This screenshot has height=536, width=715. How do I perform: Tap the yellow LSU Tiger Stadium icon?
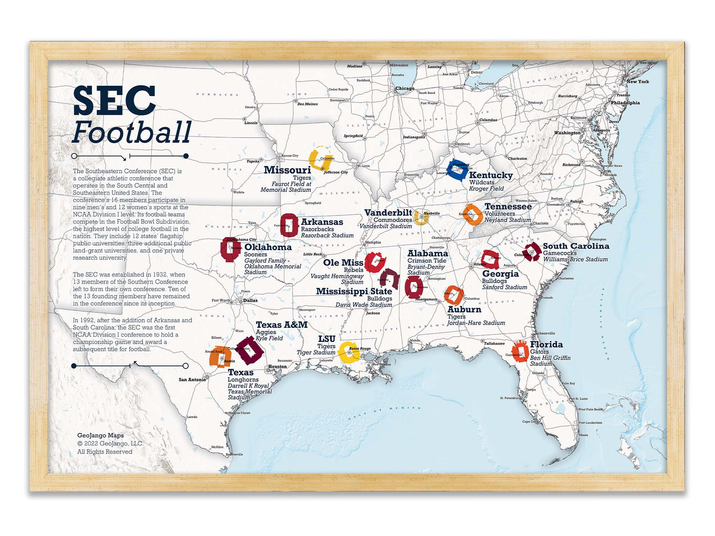349,352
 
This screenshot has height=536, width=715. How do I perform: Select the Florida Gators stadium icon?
520,351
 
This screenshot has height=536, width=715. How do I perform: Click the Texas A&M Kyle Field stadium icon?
250,350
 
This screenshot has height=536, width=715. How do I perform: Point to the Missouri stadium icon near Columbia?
321,158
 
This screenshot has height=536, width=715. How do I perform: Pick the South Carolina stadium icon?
532,252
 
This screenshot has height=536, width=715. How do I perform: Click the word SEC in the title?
114,101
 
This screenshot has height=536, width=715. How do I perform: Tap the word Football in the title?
132,132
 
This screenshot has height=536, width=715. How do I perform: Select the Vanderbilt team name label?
388,212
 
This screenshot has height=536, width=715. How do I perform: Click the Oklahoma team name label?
268,247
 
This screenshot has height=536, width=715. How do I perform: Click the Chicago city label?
404,88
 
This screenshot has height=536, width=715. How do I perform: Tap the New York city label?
637,82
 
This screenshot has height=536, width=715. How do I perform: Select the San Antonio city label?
192,379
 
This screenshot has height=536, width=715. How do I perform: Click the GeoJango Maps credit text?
101,435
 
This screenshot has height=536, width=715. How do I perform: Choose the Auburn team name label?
464,309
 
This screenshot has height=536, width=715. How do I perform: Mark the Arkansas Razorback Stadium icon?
289,225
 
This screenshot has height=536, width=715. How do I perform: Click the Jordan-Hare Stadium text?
476,323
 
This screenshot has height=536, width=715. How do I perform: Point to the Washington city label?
567,133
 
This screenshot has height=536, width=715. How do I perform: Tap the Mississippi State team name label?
354,291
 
